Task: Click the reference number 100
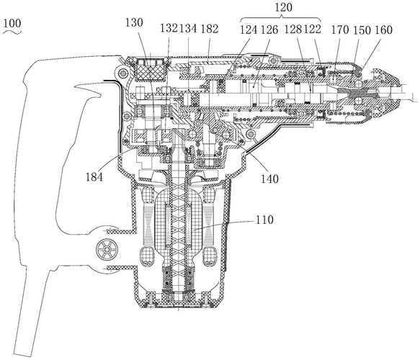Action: coord(12,23)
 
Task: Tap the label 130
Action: coord(134,22)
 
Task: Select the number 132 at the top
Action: coord(169,28)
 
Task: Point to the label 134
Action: coord(188,28)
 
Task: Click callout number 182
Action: coord(210,29)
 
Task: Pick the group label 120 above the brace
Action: coord(283,7)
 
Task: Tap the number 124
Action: coord(249,30)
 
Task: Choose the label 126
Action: coord(269,30)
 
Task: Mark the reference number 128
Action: coord(293,29)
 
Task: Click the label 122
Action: coord(313,29)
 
